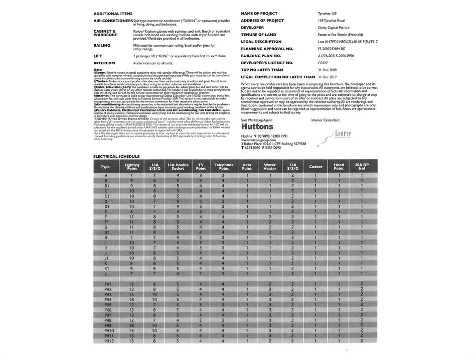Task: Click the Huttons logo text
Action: tap(257, 127)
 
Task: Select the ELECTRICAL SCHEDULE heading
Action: tap(116, 156)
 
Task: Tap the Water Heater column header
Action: tap(269, 167)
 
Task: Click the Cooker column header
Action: tap(316, 167)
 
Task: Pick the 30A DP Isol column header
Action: tap(362, 167)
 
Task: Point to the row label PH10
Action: tap(109, 330)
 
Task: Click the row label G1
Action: tap(106, 232)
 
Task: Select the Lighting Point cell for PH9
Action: tap(131, 325)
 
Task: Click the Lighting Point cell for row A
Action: tap(131, 176)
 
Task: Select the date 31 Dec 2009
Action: tap(327, 70)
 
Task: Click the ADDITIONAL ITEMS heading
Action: tap(113, 14)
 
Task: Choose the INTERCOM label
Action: tap(104, 63)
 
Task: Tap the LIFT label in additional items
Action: tap(98, 56)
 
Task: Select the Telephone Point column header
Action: tap(224, 167)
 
